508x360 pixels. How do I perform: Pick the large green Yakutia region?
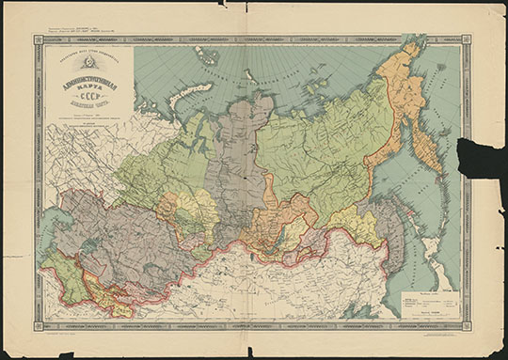[320, 150]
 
